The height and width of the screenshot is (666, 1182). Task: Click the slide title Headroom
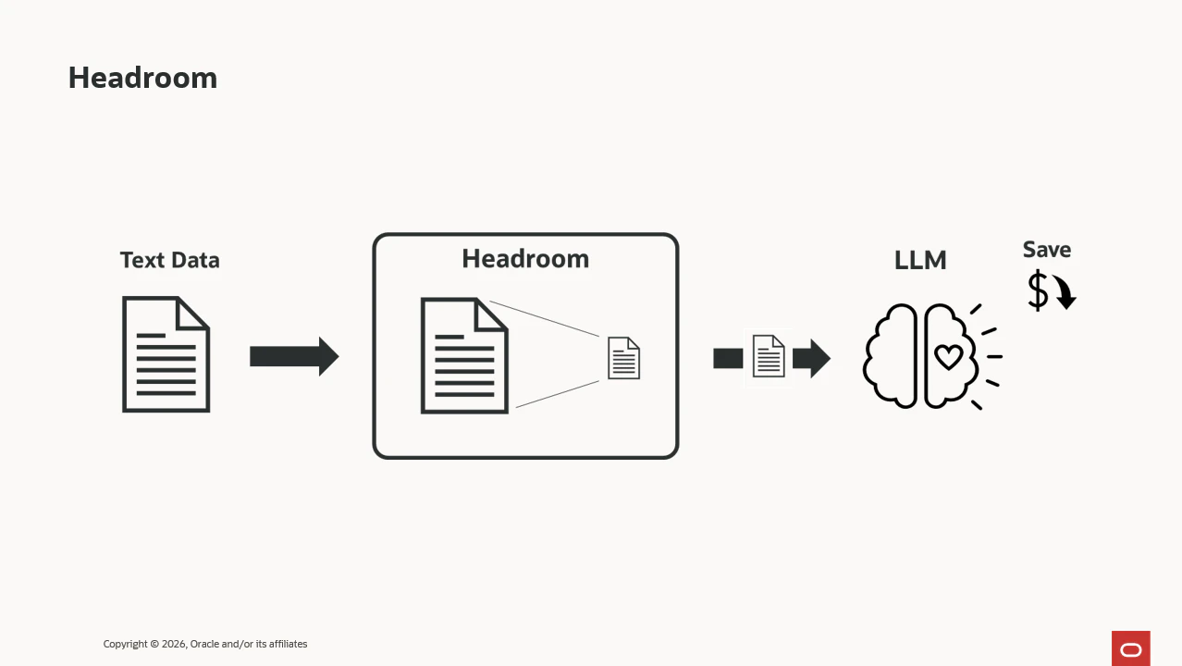[142, 78]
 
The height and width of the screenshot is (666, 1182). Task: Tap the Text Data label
[169, 260]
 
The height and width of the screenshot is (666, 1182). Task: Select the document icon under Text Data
[166, 354]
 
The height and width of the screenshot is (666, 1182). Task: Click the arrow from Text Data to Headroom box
[294, 357]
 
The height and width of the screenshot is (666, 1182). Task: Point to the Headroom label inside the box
[525, 259]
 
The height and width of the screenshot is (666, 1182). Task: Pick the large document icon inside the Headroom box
[464, 355]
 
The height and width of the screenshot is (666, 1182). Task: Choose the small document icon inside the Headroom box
[623, 358]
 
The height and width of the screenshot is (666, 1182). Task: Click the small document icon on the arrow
[769, 356]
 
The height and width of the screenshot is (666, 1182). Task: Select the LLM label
[920, 260]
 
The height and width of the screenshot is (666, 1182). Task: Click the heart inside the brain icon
[948, 357]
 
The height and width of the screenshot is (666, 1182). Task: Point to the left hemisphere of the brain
[890, 356]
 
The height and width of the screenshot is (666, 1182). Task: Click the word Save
[1047, 250]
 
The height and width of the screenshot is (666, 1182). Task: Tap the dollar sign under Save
[1038, 290]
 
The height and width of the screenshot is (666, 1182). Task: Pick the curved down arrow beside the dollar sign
[1065, 291]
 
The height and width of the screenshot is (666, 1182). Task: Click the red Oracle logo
[1131, 648]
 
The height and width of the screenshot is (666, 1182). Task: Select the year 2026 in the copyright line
[174, 644]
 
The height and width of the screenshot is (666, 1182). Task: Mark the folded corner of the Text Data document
[192, 313]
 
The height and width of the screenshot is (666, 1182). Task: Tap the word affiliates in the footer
[289, 644]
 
